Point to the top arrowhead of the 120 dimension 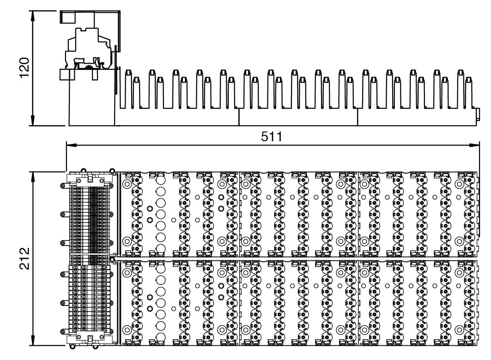pos(33,11)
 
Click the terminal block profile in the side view pos(90,53)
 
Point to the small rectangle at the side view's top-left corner pos(68,17)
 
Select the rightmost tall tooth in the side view pos(460,88)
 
